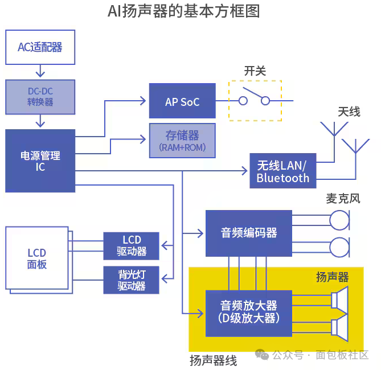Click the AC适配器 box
40,47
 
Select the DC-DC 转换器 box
40,96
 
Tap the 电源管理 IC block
40,161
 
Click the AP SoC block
182,101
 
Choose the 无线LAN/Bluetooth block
282,171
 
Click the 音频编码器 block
248,233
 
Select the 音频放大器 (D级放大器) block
248,313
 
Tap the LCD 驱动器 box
132,245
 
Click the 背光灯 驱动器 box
132,279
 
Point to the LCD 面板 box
37,258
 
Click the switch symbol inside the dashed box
255,100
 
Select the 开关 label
255,71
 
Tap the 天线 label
349,112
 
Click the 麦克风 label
343,199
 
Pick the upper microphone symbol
340,220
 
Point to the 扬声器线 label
213,360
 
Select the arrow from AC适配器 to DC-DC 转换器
40,72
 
